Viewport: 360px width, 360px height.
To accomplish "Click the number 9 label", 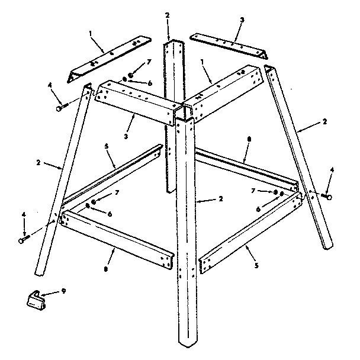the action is coord(63,291).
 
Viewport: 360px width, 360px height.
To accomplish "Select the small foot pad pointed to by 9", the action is coord(36,301).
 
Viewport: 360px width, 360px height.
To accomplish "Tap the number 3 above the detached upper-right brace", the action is coord(242,20).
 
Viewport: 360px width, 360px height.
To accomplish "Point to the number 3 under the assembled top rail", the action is coord(126,136).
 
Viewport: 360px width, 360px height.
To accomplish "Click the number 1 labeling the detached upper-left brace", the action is coord(91,34).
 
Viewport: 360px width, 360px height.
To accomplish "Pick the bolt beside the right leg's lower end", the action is coord(326,197).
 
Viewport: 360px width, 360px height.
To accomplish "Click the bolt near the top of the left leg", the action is coord(62,107).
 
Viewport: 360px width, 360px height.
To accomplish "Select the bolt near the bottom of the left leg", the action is coord(24,239).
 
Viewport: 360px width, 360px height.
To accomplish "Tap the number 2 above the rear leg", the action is coord(167,15).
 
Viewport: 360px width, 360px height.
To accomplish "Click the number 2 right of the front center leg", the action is coord(221,199).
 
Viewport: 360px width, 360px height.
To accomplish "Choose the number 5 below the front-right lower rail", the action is coord(256,266).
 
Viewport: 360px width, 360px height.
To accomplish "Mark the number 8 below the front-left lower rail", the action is coord(106,269).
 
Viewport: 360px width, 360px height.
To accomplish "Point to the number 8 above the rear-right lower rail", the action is coord(249,139).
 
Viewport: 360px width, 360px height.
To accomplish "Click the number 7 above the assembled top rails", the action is coord(149,62).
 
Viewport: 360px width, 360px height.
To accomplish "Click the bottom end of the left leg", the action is coord(39,273).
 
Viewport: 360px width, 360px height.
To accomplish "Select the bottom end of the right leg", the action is coord(328,247).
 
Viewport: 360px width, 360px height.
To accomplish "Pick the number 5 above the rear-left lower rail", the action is coord(107,146).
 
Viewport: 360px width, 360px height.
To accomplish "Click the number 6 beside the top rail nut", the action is coord(150,83).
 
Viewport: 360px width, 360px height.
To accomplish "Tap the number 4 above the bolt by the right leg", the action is coord(332,170).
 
